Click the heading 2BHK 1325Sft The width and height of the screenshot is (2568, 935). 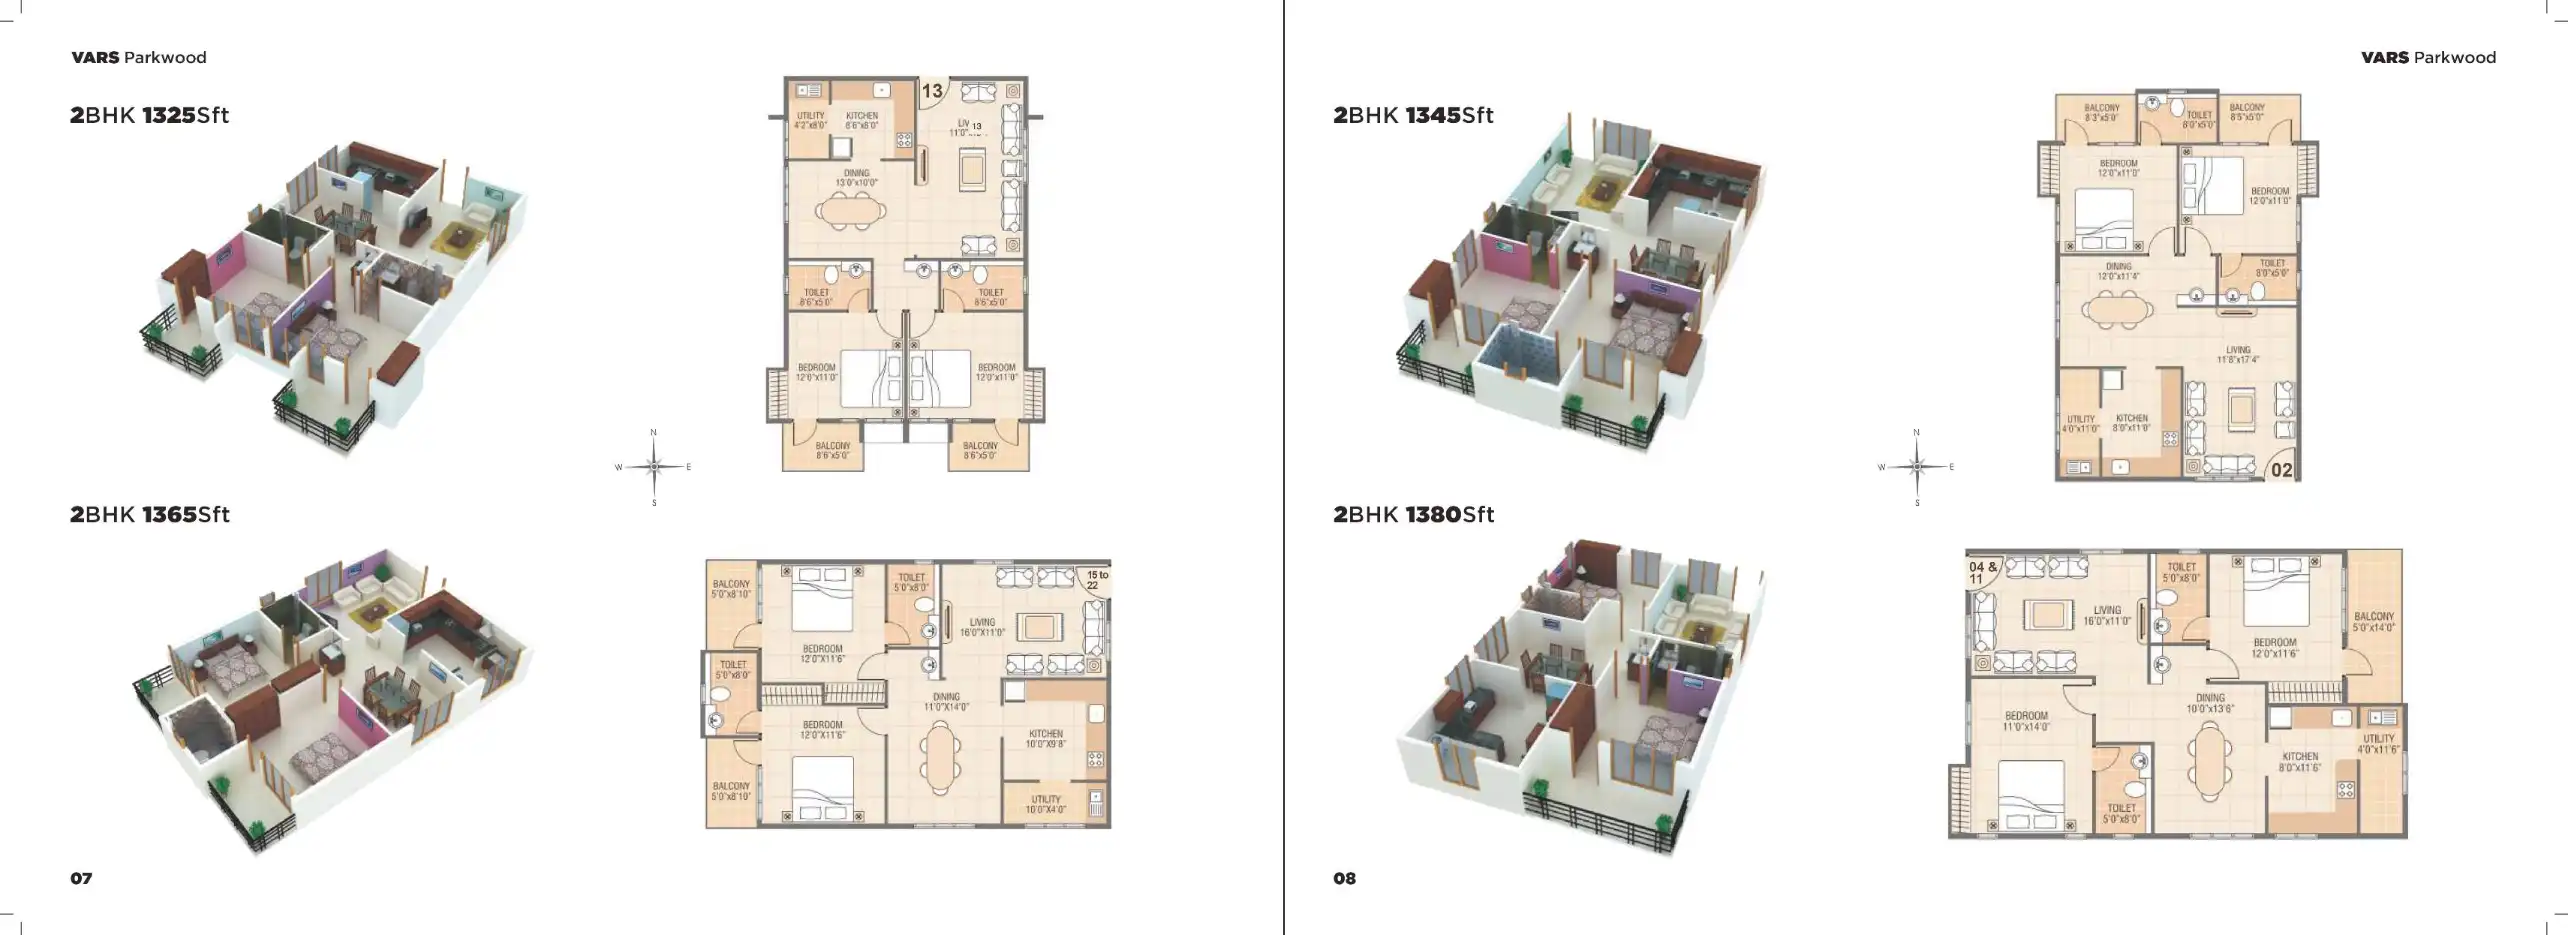click(x=150, y=115)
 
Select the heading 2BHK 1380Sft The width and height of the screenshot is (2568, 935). click(x=1413, y=514)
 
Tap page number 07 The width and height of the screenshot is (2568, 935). click(x=81, y=878)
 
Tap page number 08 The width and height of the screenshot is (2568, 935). click(x=1344, y=878)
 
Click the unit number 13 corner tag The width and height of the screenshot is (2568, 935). click(x=931, y=91)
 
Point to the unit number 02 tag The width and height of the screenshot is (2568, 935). click(x=2281, y=469)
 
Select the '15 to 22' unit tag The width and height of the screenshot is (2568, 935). click(x=1097, y=580)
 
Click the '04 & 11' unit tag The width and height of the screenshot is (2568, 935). click(x=1982, y=572)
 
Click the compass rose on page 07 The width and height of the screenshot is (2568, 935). click(x=654, y=467)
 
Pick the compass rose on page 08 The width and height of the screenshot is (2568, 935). click(x=1917, y=467)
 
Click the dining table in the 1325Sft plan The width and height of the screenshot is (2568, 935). click(x=850, y=211)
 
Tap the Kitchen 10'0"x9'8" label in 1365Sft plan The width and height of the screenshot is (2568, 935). click(x=1046, y=739)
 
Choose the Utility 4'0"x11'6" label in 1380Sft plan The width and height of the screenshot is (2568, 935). click(x=2378, y=744)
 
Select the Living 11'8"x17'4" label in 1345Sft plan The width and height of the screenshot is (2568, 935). click(x=2238, y=355)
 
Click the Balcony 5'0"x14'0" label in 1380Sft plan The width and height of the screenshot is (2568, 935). click(x=2374, y=622)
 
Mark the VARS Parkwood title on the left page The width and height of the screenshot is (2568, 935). click(x=139, y=58)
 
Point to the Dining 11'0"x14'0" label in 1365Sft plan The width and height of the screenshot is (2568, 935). click(x=946, y=702)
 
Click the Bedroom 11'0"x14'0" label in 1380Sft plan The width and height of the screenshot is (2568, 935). click(x=2026, y=721)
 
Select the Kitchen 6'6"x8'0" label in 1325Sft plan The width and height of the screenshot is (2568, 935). click(x=861, y=120)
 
